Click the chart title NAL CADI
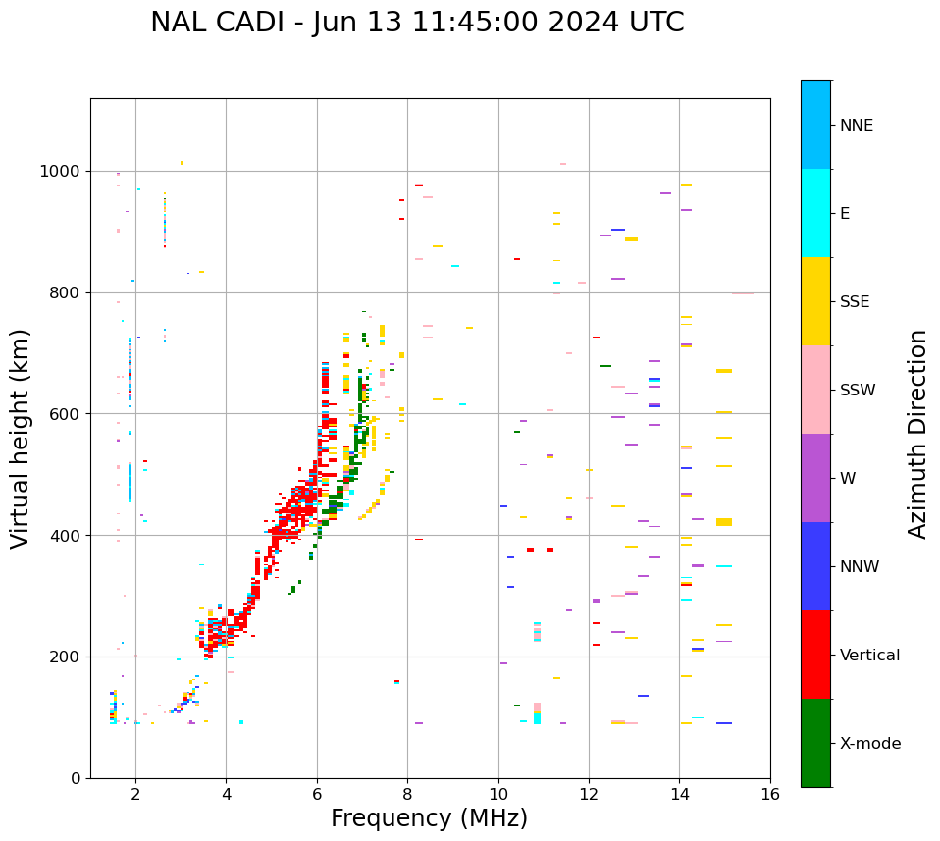417,23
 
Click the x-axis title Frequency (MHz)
429,818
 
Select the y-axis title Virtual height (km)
21,439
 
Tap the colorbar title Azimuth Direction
917,434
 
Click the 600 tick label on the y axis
66,414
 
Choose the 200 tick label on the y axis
66,657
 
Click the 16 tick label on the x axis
770,794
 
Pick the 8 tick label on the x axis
407,794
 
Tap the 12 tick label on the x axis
589,794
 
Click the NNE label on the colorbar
856,126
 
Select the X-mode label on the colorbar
869,744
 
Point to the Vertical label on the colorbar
869,656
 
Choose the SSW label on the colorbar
858,391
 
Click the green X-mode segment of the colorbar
815,743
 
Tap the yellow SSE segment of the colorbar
815,301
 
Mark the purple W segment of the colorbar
815,478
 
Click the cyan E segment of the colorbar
815,213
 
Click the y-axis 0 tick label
77,778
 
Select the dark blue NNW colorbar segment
815,566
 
